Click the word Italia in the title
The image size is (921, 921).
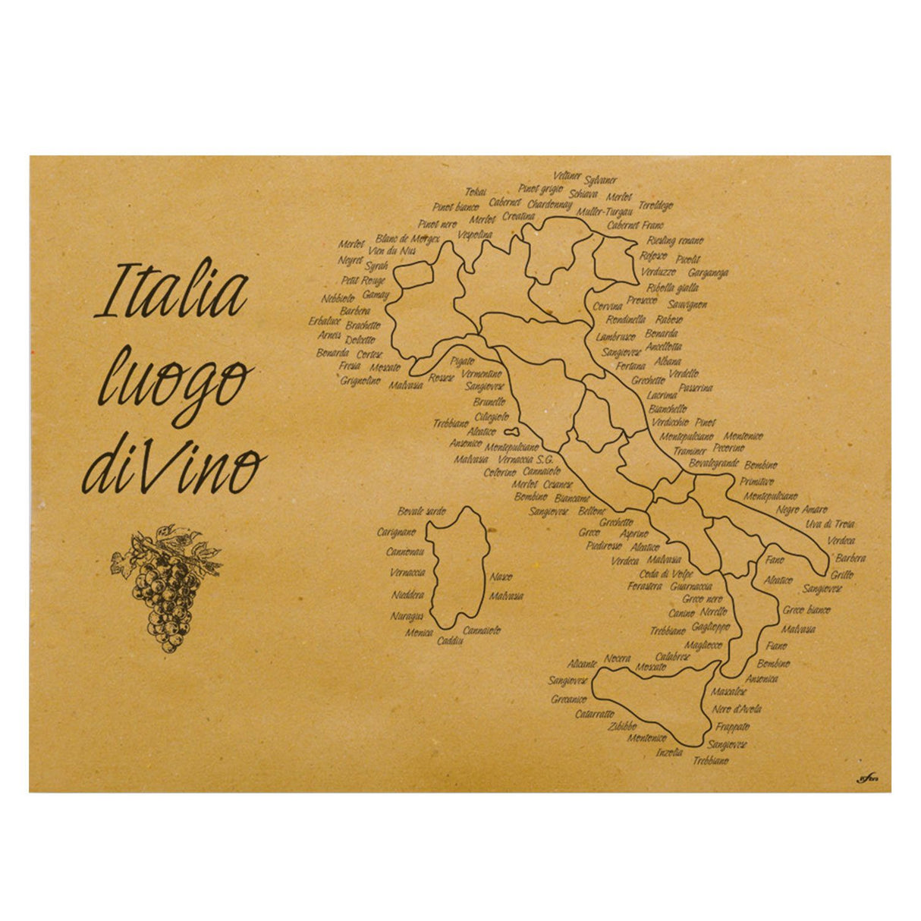coord(172,291)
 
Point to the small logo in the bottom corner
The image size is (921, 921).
coord(866,776)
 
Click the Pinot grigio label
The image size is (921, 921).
coord(540,188)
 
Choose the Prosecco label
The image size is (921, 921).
coord(642,300)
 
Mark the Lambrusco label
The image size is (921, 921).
coord(616,337)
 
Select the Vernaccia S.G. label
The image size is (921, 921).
coord(526,460)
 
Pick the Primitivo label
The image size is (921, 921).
coord(757,481)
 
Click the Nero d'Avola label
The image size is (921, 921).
coord(737,709)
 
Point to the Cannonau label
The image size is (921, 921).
coord(405,552)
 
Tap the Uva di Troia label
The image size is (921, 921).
coord(830,524)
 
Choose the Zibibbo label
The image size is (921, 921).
coord(621,725)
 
